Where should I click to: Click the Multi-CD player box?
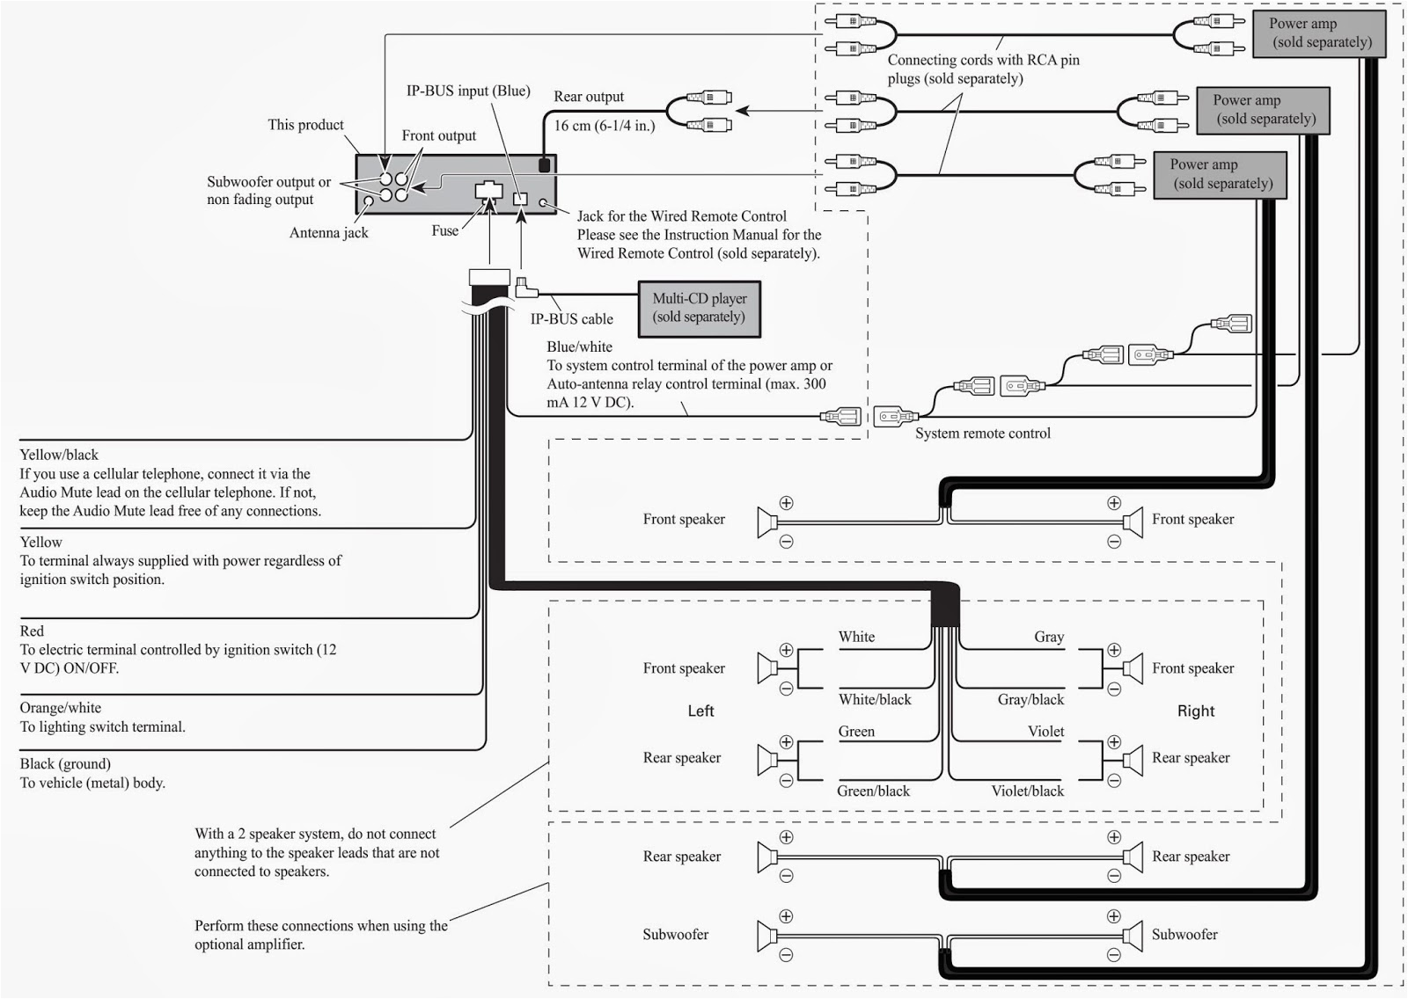tap(699, 309)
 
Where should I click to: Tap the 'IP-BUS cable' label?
tap(571, 319)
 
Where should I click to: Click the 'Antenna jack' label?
tap(328, 233)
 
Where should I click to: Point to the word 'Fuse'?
tap(444, 230)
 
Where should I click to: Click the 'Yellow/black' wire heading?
tap(59, 455)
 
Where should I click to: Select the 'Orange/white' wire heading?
tap(60, 708)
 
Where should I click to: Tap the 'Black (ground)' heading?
tap(65, 763)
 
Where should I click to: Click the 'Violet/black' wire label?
tap(1027, 791)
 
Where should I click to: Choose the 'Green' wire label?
tap(856, 732)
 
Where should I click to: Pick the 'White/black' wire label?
tap(874, 699)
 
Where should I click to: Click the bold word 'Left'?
tap(700, 711)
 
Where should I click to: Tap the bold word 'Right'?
tap(1195, 711)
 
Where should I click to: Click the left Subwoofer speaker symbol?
tap(766, 936)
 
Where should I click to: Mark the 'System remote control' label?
tap(982, 434)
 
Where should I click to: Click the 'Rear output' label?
tap(588, 97)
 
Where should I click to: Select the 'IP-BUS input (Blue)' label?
tap(467, 91)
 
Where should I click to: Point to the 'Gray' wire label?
tap(1048, 637)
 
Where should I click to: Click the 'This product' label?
tap(305, 125)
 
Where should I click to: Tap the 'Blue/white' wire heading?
tap(579, 346)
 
